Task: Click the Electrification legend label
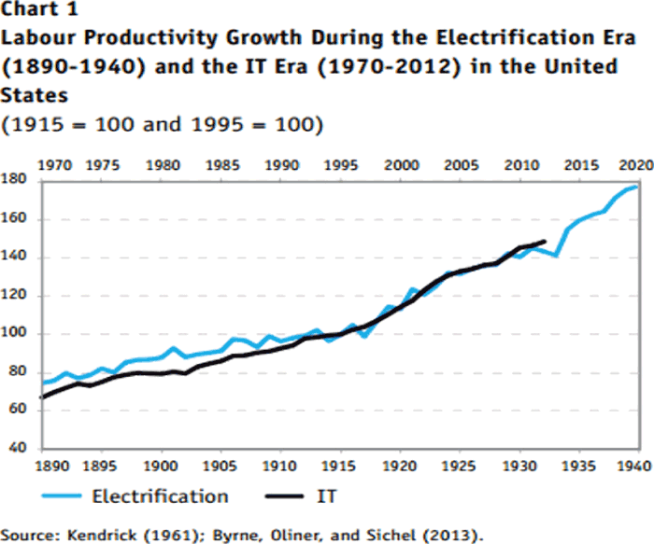159,496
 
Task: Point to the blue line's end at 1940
638,187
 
